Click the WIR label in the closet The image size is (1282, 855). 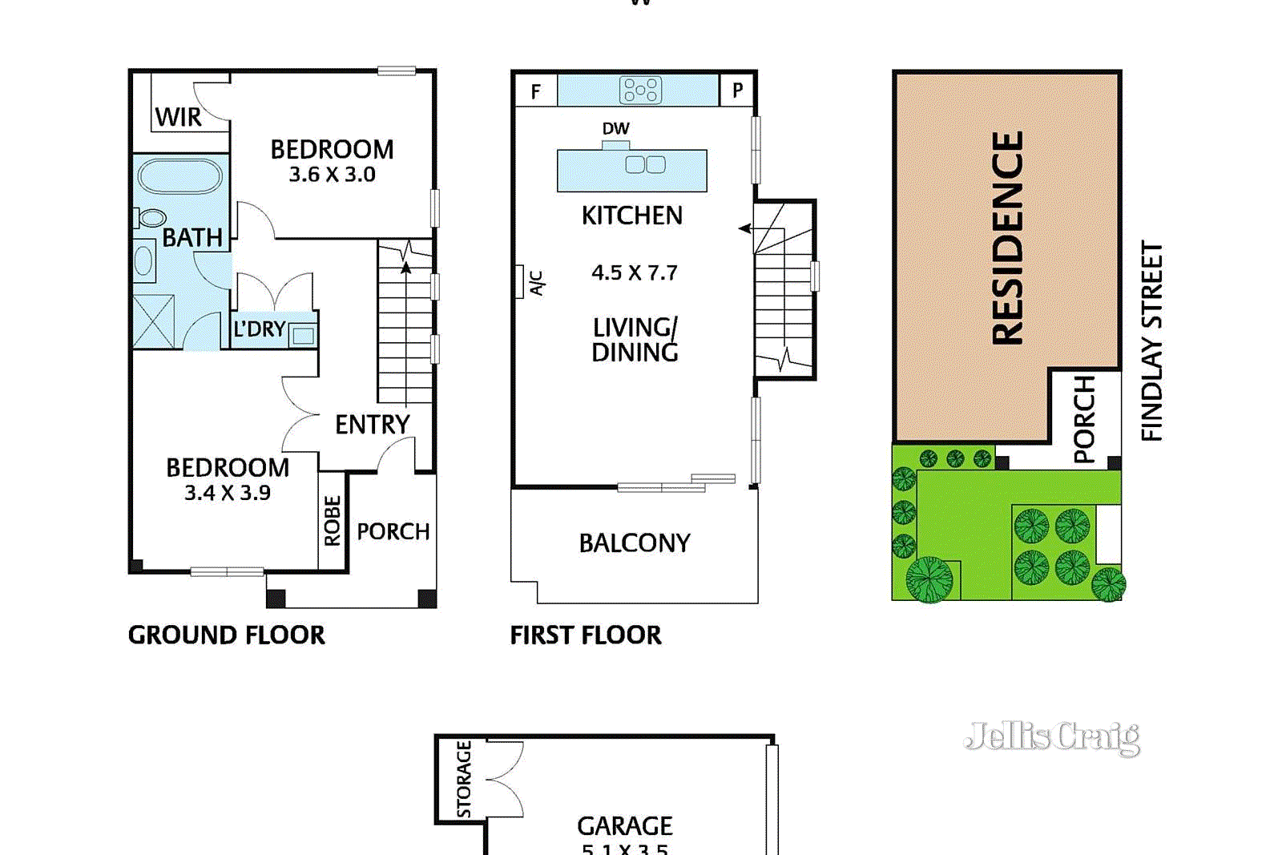(x=178, y=117)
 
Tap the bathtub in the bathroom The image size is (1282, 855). (x=179, y=177)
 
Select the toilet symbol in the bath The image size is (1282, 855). (x=151, y=217)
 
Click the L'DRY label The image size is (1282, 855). (x=259, y=329)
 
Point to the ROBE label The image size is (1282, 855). (x=333, y=521)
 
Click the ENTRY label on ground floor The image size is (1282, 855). (x=372, y=425)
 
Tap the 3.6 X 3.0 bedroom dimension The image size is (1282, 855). (x=332, y=175)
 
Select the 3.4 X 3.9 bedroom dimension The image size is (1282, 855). (x=228, y=493)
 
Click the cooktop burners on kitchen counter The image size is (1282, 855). (x=640, y=90)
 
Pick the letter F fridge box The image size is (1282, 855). (x=535, y=91)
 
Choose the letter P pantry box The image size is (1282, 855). (x=737, y=91)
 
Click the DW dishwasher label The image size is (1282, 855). (x=615, y=128)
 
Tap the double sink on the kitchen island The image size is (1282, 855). (x=645, y=165)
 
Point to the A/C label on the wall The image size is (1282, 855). (x=536, y=283)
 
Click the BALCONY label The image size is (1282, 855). (x=634, y=543)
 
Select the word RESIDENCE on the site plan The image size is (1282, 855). (x=1008, y=238)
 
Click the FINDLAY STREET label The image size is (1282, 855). (x=1151, y=341)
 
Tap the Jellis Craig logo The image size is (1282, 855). (x=1052, y=736)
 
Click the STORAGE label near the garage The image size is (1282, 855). (x=463, y=779)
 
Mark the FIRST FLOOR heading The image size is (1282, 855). (x=586, y=635)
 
